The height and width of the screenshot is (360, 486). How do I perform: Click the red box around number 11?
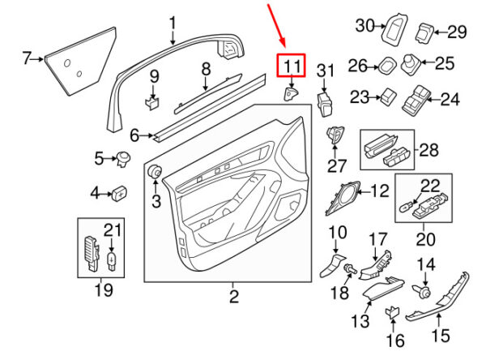291,54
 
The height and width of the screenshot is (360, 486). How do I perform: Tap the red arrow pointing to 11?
276,25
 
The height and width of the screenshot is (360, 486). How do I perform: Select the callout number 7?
27,58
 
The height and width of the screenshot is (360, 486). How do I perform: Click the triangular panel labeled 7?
80,61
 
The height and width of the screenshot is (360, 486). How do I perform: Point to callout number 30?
364,25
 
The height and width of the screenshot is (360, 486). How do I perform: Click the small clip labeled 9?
152,103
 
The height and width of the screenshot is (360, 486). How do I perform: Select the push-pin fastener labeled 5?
123,159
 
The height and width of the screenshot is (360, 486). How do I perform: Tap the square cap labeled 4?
119,194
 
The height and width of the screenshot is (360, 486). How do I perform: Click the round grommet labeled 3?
155,171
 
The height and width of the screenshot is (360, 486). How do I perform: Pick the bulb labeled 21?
111,260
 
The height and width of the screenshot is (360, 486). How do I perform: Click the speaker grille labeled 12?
343,197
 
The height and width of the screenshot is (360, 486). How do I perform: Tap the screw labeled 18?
351,268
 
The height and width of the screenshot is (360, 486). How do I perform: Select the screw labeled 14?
423,291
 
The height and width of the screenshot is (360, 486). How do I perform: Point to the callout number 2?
234,297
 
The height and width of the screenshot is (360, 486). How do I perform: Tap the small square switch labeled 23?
388,96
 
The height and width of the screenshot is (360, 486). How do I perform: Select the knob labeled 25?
411,65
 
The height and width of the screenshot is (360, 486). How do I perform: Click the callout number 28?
429,150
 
